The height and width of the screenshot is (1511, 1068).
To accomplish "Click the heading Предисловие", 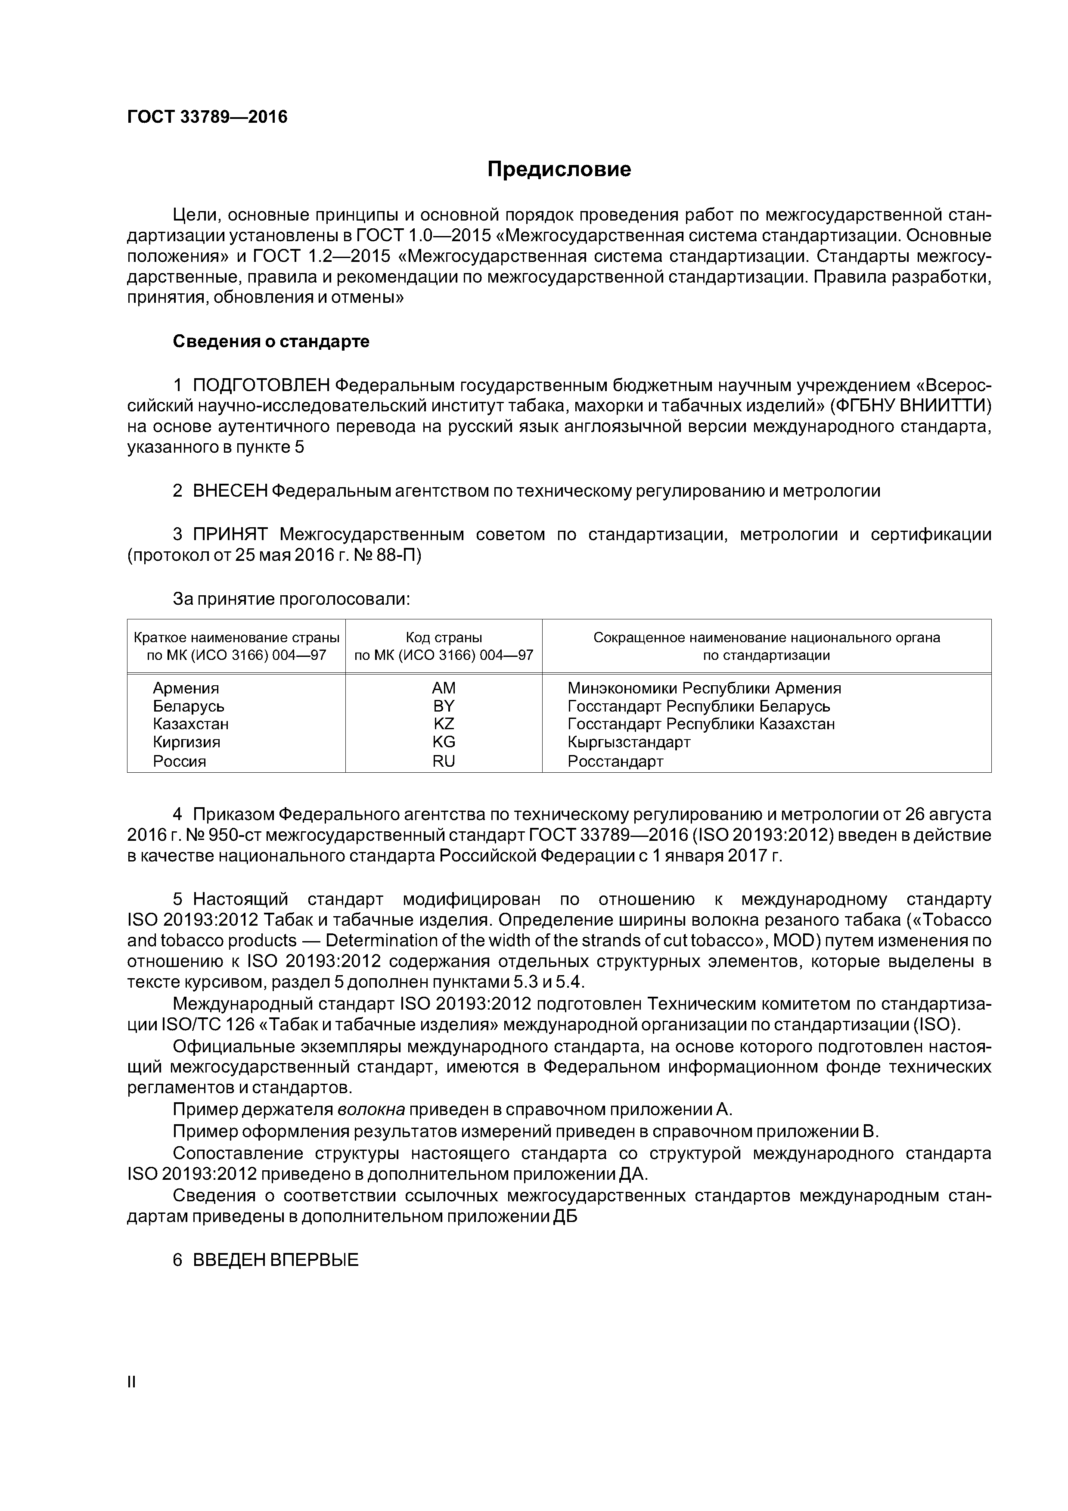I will pos(559,170).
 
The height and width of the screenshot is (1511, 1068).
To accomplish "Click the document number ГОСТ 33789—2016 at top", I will pos(207,117).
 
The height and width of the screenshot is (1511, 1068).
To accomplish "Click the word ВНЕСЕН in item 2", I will pos(230,491).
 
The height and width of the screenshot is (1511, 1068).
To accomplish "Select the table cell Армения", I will pos(186,688).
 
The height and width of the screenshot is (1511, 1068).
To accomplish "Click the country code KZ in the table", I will pos(444,724).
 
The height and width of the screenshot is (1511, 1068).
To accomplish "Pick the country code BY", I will pos(444,706).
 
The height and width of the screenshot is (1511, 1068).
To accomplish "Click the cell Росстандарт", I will pos(615,762).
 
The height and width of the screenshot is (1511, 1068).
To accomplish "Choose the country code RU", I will pos(444,762).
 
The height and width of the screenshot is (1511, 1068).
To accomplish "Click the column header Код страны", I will pos(444,637).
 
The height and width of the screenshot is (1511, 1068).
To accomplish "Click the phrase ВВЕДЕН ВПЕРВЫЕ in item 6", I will pos(275,1260).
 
